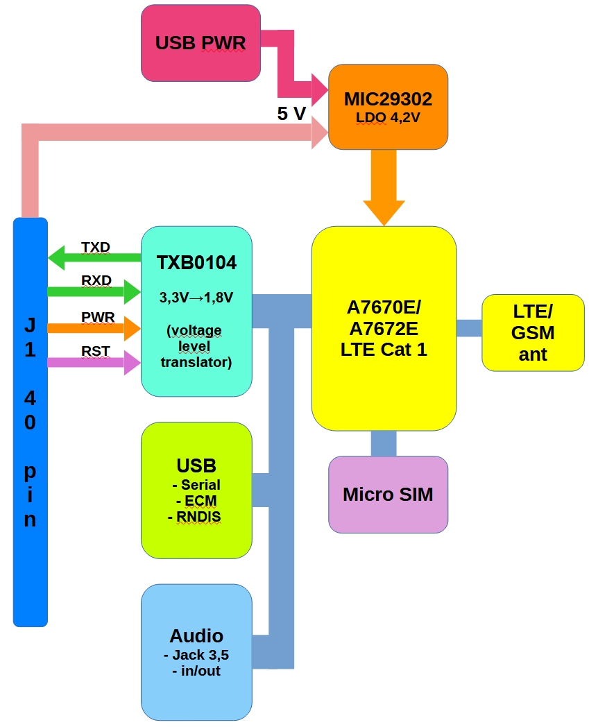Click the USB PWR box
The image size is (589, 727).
pyautogui.click(x=200, y=43)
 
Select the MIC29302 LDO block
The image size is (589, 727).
pyautogui.click(x=388, y=106)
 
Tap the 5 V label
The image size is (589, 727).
pyautogui.click(x=291, y=114)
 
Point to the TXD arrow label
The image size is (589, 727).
pyautogui.click(x=96, y=247)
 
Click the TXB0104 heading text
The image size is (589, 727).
pyautogui.click(x=196, y=263)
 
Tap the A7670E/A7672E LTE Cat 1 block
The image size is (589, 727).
pyautogui.click(x=384, y=327)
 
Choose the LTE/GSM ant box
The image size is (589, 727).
pyautogui.click(x=533, y=332)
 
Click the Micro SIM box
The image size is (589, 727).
pyautogui.click(x=388, y=495)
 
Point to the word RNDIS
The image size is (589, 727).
pyautogui.click(x=197, y=516)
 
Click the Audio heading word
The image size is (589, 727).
pyautogui.click(x=196, y=635)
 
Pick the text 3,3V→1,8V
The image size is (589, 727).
pyautogui.click(x=196, y=298)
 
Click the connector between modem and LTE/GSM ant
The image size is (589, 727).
pyautogui.click(x=469, y=328)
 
